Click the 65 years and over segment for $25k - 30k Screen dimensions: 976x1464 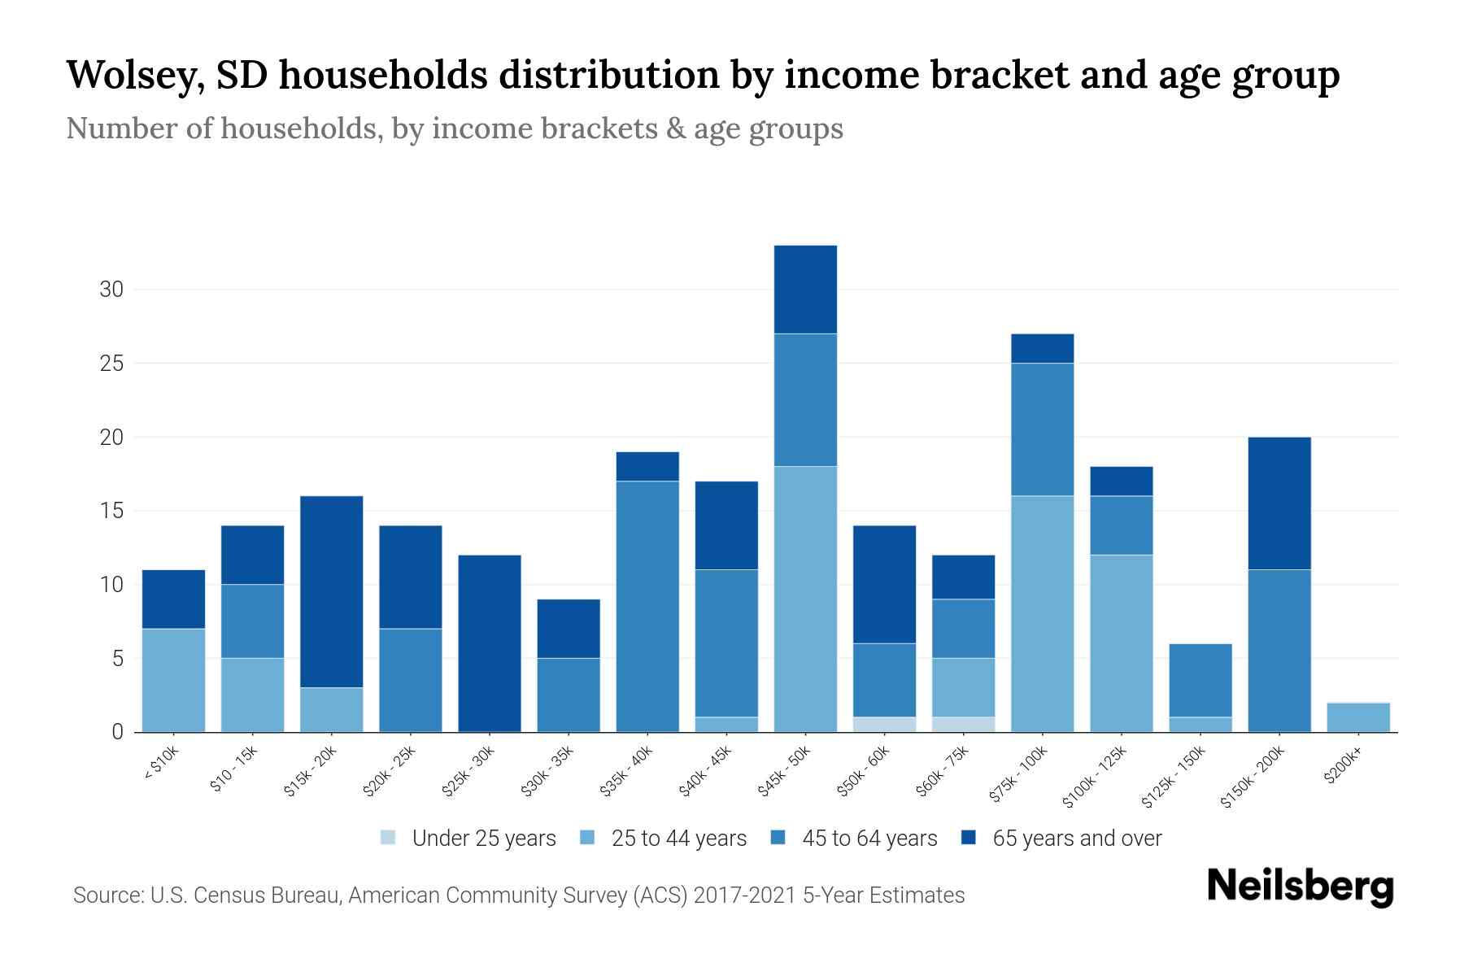490,643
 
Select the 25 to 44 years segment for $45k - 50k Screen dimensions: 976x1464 805,599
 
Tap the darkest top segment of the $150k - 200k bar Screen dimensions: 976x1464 1279,503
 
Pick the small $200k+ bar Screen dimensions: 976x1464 1358,717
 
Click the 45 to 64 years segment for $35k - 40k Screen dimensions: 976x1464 647,606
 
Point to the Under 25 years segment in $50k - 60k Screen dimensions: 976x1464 884,725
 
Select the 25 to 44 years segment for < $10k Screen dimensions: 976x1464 173,680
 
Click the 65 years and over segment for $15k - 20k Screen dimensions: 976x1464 332,591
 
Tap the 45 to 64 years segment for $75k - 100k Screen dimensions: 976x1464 1042,429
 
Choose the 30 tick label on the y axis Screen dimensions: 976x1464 112,290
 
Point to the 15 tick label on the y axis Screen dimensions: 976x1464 112,511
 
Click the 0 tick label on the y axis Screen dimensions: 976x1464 118,732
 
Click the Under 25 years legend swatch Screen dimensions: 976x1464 389,838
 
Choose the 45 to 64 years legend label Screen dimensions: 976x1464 869,838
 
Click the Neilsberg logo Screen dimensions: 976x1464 1300,887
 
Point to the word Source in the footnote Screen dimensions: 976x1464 105,895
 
